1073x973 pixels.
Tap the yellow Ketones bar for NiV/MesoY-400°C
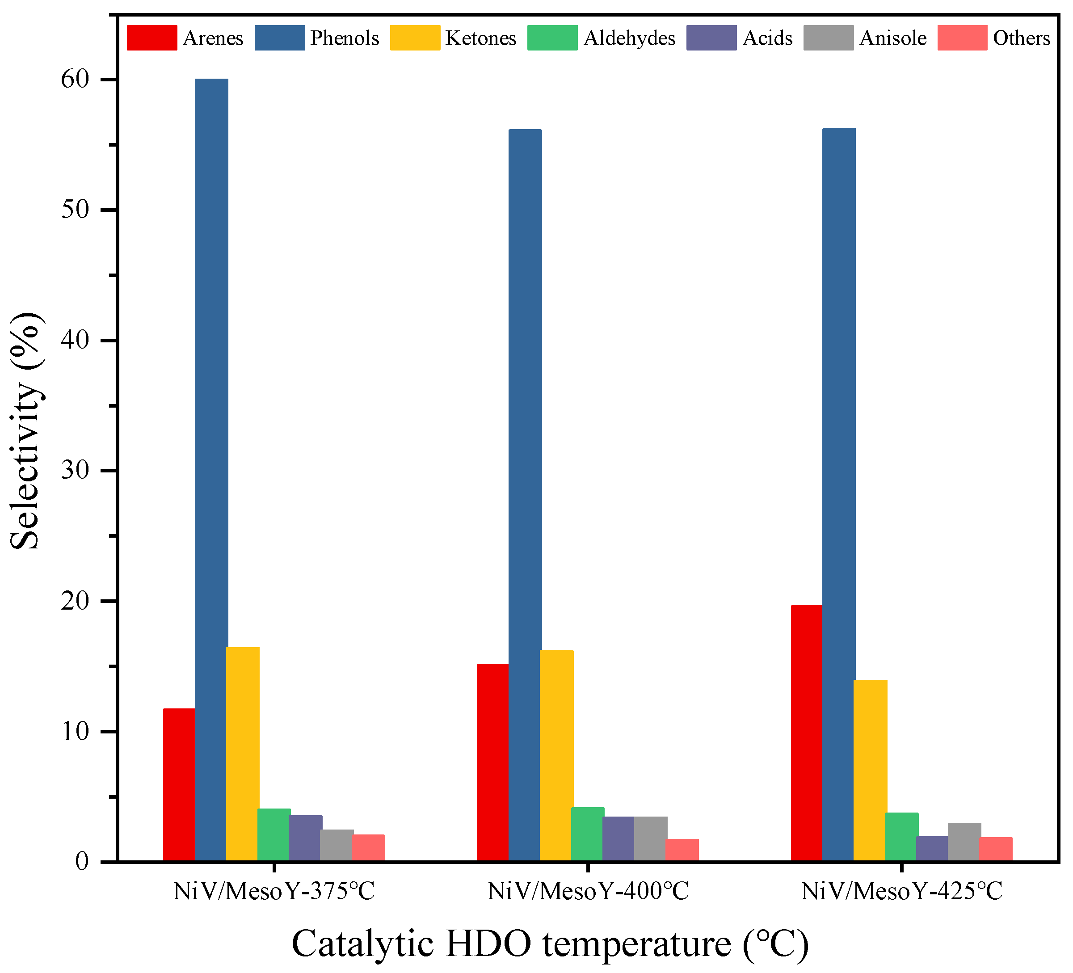556,755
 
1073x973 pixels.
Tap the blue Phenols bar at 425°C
838,495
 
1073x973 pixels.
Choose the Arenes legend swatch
151,38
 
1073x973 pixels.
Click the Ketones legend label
480,38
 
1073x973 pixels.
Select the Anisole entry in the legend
892,38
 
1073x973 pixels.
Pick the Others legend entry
1021,38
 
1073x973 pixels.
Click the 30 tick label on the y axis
75,471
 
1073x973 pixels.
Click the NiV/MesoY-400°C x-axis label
588,892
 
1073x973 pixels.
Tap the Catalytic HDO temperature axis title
550,943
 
